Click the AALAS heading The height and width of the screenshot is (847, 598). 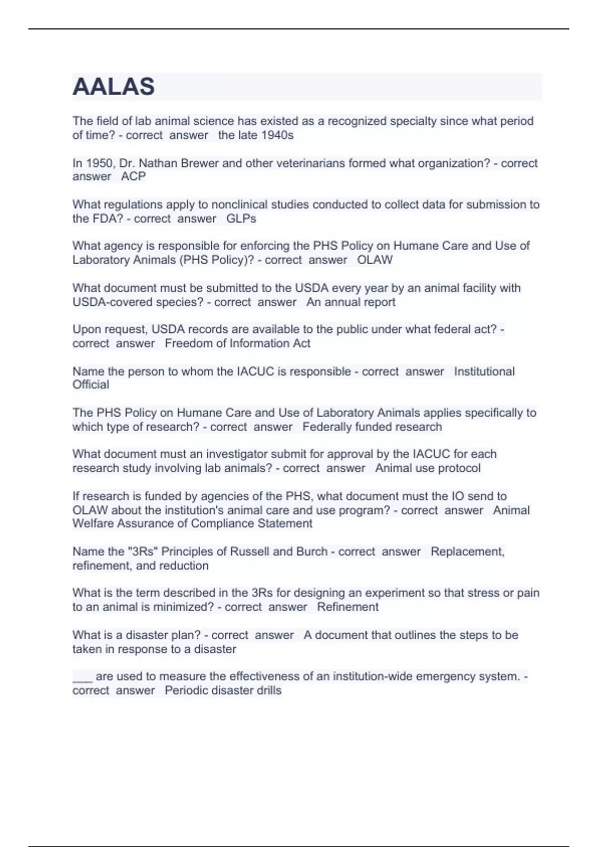click(x=114, y=87)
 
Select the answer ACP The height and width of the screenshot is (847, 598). click(x=134, y=176)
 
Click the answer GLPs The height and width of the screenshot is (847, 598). click(x=241, y=218)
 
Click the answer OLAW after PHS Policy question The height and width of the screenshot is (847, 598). click(x=375, y=260)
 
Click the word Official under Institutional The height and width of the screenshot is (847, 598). click(x=91, y=385)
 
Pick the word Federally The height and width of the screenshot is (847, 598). click(x=327, y=426)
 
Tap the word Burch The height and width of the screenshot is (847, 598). click(x=311, y=552)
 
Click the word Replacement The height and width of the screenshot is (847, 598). click(x=467, y=552)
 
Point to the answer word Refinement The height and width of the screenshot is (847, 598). click(x=348, y=606)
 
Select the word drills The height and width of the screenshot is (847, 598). click(x=268, y=690)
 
